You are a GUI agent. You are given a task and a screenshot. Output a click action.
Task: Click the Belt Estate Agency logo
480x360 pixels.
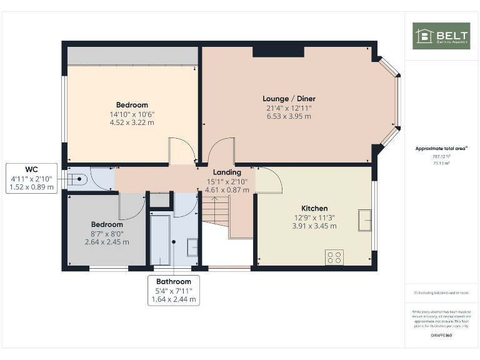pyautogui.click(x=441, y=36)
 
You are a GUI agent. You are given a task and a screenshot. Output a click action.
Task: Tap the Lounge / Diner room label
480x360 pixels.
pyautogui.click(x=289, y=99)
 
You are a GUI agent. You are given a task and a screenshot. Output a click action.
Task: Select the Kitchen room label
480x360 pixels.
pyautogui.click(x=314, y=208)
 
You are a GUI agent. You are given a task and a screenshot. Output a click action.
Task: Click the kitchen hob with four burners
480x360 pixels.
pyautogui.click(x=334, y=256)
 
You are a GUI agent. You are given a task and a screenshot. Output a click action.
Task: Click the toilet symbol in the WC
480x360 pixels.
pyautogui.click(x=78, y=179)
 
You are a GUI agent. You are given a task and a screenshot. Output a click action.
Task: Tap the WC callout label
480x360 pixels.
pyautogui.click(x=31, y=169)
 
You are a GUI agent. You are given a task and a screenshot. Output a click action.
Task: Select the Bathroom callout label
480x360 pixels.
pyautogui.click(x=173, y=282)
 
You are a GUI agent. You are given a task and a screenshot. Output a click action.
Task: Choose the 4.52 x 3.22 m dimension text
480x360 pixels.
pyautogui.click(x=132, y=122)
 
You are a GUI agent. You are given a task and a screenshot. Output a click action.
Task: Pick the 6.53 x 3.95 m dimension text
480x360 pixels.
pyautogui.click(x=289, y=116)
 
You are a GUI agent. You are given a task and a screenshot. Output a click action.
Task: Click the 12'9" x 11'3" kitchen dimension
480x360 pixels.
pyautogui.click(x=314, y=217)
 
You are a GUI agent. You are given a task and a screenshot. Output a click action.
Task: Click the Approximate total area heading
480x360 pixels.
pyautogui.click(x=441, y=149)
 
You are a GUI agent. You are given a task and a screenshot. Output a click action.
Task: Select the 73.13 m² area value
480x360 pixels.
pyautogui.click(x=441, y=162)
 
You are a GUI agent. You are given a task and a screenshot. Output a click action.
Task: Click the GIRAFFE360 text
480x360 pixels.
pyautogui.click(x=441, y=336)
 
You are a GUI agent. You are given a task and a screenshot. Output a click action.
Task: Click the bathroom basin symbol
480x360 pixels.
pyautogui.click(x=192, y=248)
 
